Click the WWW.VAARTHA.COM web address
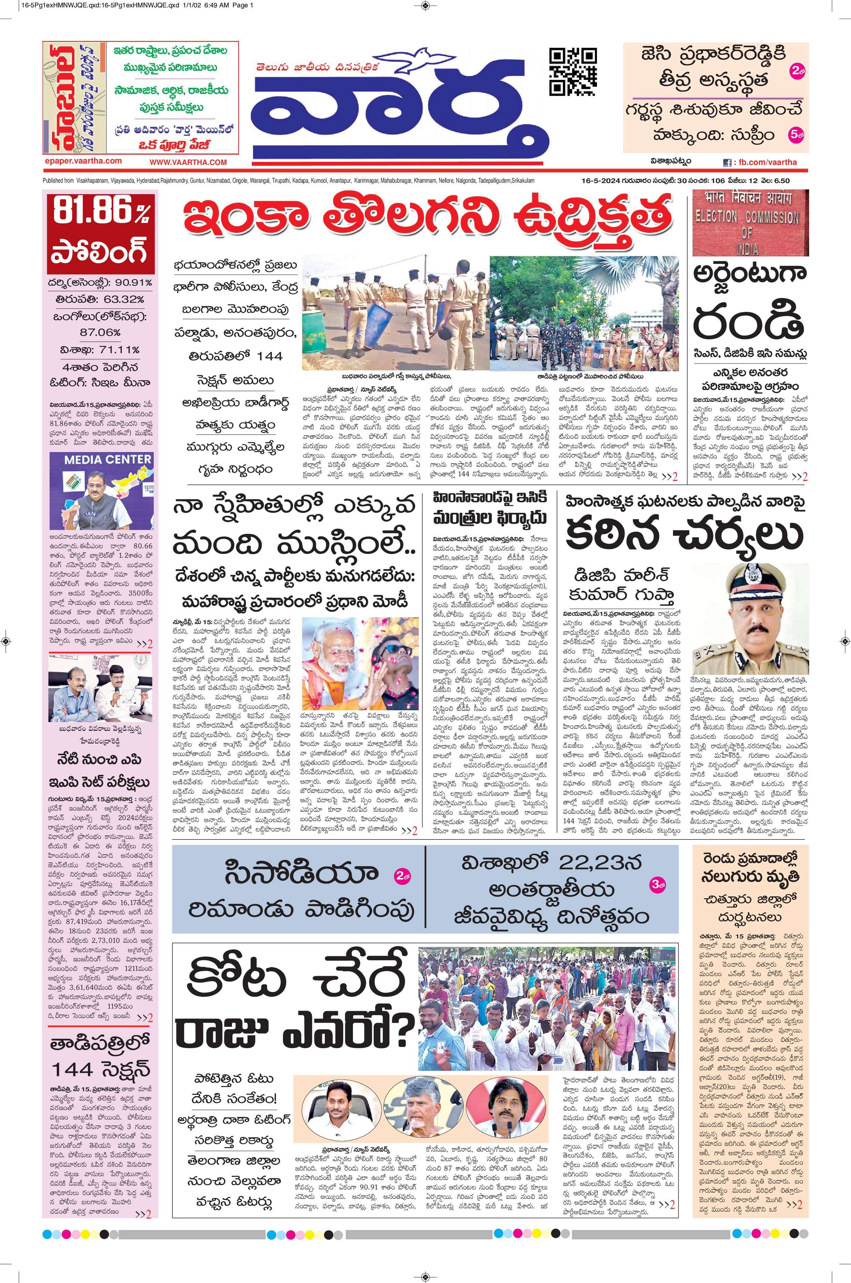tap(188, 162)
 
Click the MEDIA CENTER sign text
tap(108, 459)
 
